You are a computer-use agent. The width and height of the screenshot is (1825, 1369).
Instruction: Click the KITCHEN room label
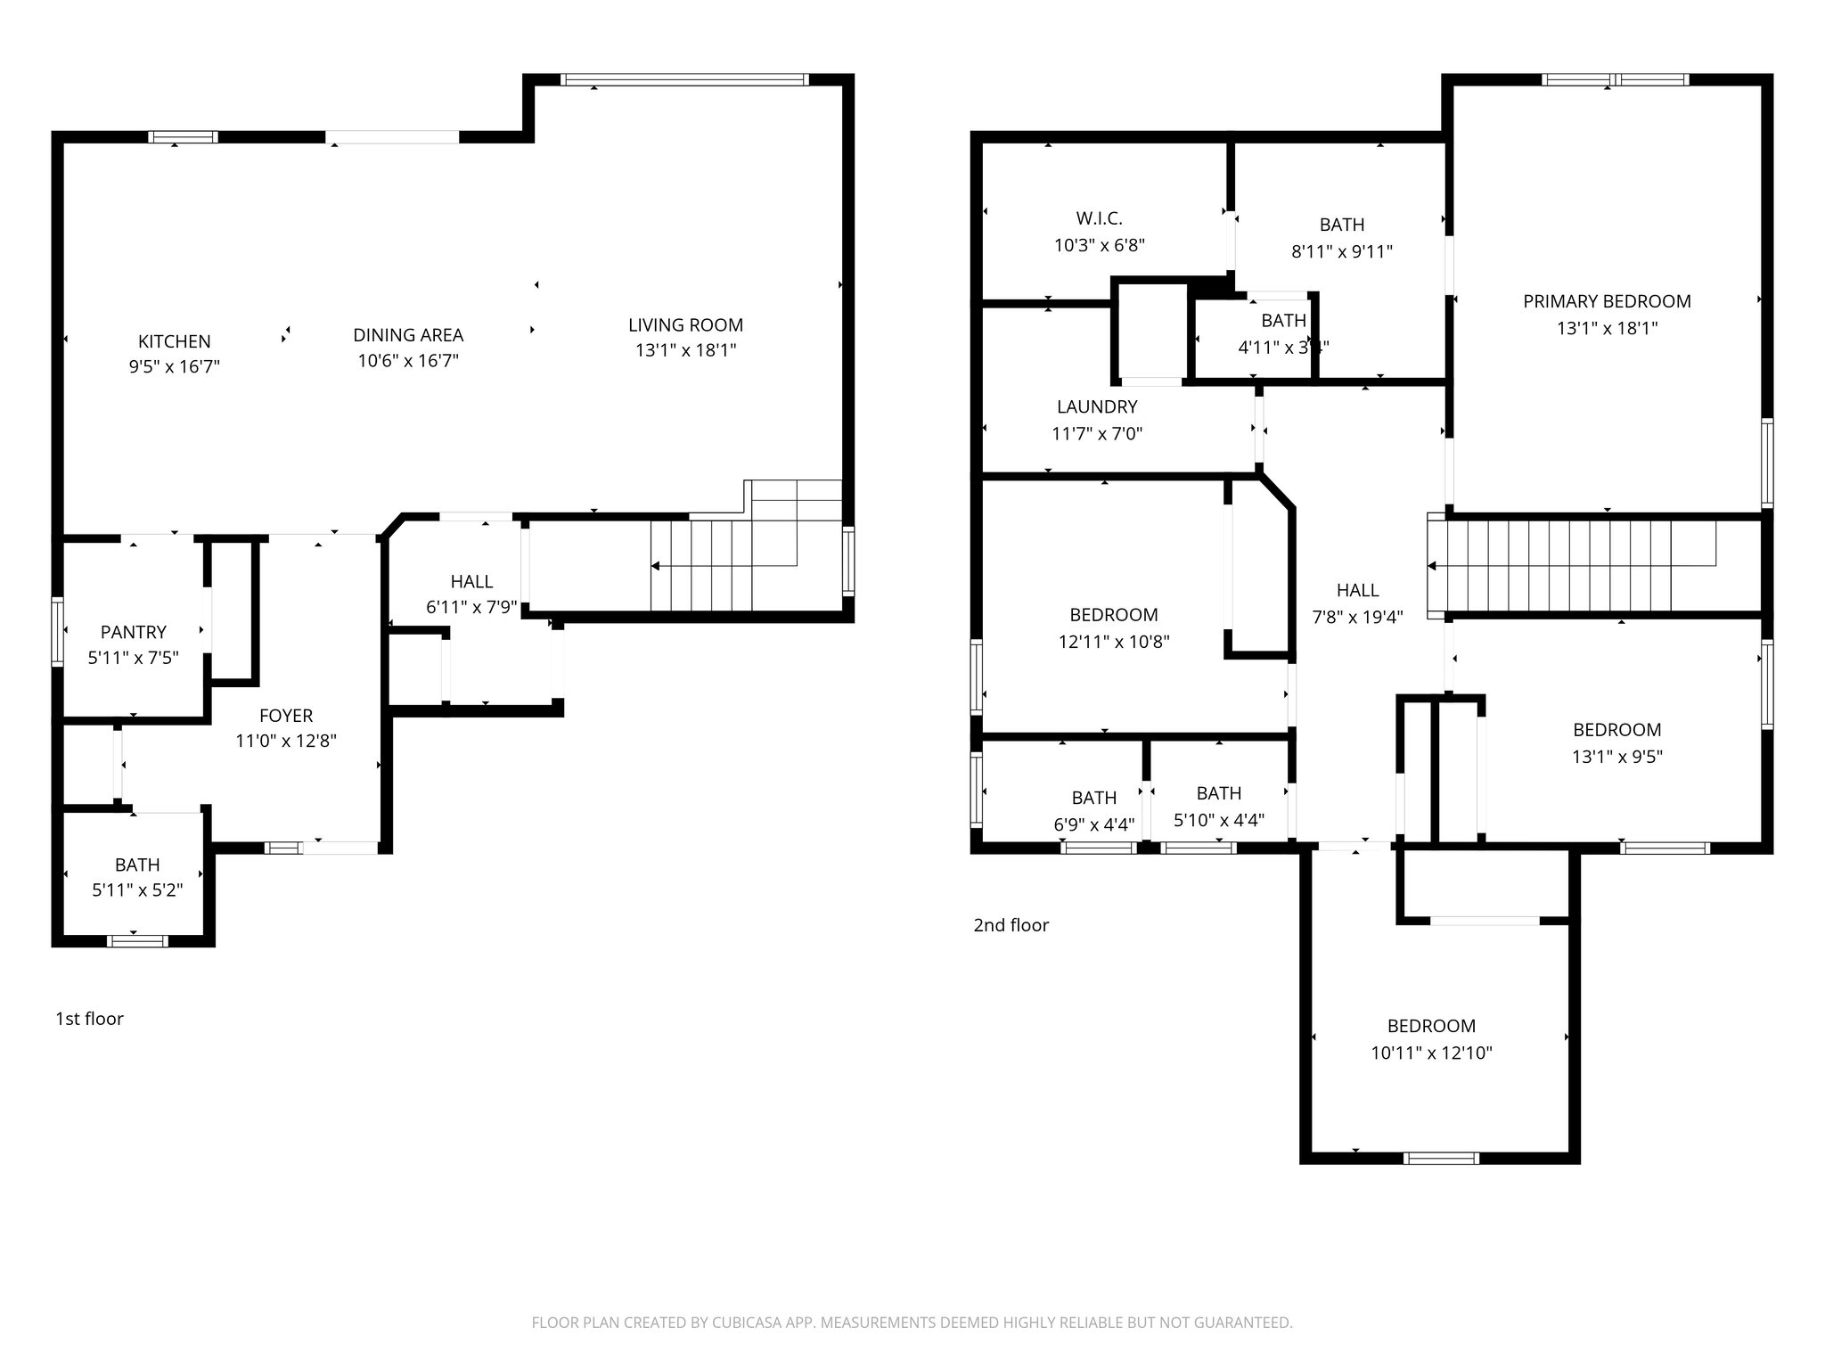(174, 341)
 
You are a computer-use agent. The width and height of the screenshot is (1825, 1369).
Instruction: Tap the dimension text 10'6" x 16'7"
(408, 361)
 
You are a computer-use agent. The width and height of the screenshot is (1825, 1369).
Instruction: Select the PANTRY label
(134, 632)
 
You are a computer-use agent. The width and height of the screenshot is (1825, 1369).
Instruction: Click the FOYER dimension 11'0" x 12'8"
(286, 741)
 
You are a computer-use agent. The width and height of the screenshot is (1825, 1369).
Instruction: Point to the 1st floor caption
(89, 1019)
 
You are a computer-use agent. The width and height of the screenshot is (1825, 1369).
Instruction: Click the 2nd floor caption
(1011, 925)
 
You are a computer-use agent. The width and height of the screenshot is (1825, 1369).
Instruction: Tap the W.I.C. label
(1099, 218)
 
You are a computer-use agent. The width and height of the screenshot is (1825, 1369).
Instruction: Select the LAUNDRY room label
(1097, 407)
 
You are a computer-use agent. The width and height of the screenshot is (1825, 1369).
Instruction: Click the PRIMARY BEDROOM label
(1607, 301)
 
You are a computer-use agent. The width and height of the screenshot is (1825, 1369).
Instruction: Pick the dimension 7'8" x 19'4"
(1357, 617)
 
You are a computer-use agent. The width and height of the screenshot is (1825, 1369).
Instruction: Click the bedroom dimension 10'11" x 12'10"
(1431, 1053)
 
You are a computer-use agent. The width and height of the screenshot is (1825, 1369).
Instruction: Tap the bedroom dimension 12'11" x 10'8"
(1114, 642)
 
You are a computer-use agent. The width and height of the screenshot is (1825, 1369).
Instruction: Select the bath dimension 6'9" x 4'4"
(1093, 824)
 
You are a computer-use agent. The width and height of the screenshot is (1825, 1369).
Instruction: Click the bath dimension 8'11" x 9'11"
(1341, 251)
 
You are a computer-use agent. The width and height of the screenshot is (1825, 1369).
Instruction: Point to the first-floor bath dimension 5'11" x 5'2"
(137, 889)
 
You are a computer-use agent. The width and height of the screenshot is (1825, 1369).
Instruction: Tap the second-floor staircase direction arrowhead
(1432, 566)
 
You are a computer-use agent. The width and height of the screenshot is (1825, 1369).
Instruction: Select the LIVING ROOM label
(685, 325)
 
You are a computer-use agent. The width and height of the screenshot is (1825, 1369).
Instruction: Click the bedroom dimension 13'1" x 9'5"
(1616, 757)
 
